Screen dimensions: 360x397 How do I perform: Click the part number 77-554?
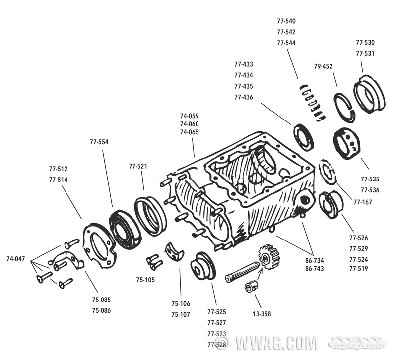pos(99,142)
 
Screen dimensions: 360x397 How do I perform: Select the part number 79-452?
pos(323,67)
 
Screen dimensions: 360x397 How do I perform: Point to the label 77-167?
pos(363,202)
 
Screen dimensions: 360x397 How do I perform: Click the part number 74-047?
pos(16,259)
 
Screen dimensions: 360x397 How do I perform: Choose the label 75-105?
pos(145,280)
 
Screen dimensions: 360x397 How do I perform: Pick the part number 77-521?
pos(138,166)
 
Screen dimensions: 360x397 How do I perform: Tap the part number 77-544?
pos(286,43)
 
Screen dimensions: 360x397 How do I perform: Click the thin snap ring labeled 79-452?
pos(344,107)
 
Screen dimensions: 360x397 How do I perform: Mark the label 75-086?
pos(101,310)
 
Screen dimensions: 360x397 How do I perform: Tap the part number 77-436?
pos(244,97)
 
